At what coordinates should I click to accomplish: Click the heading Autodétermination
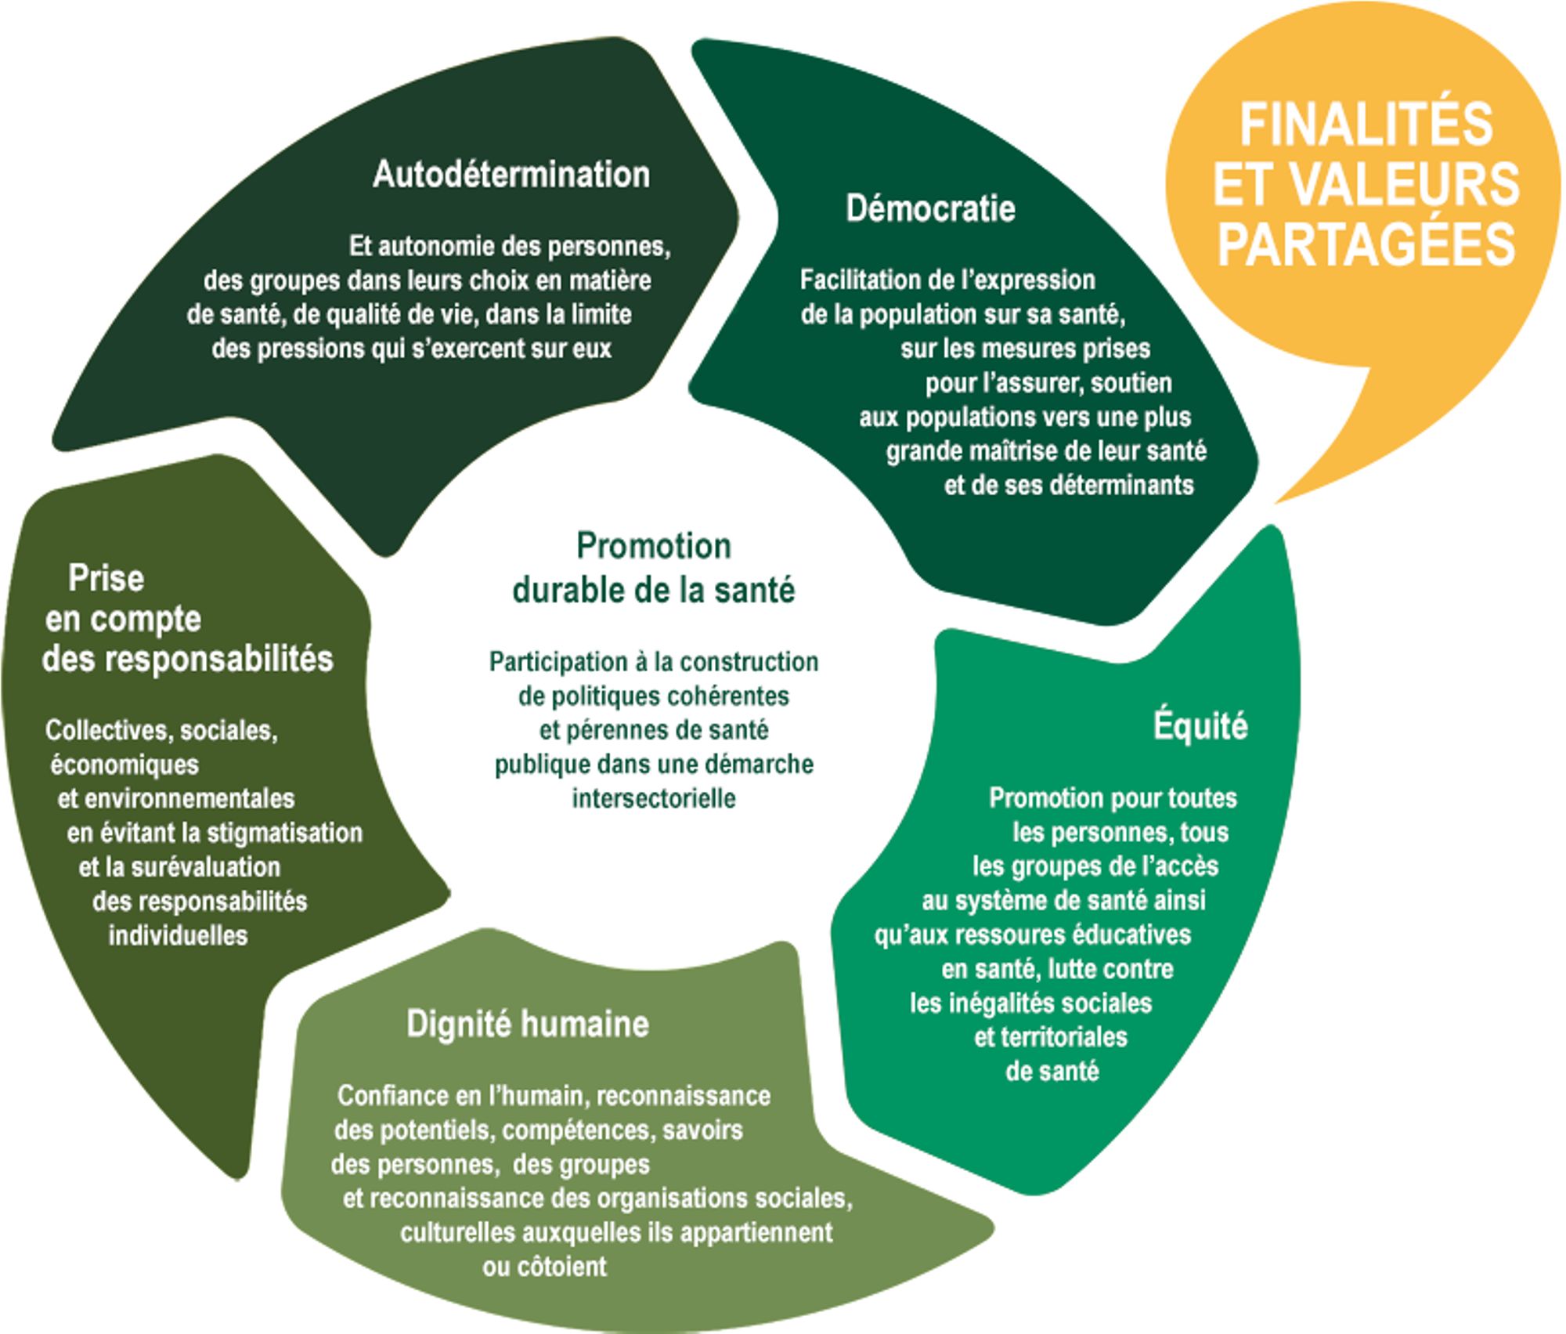click(x=511, y=174)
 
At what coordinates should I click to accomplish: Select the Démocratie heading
click(x=930, y=208)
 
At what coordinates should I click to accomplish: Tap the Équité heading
click(x=1200, y=726)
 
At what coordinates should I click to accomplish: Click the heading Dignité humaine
click(x=528, y=1024)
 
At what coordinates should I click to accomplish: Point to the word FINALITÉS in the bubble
click(x=1366, y=125)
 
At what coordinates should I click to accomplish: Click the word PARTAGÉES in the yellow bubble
click(x=1366, y=242)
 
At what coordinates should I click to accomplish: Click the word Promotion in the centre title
click(x=654, y=546)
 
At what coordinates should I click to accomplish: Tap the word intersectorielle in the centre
click(x=654, y=798)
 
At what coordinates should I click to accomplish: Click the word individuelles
click(x=178, y=935)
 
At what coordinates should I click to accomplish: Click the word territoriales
click(x=1050, y=1037)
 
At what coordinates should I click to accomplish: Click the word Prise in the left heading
click(x=106, y=579)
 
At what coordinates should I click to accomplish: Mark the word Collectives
click(x=108, y=730)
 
